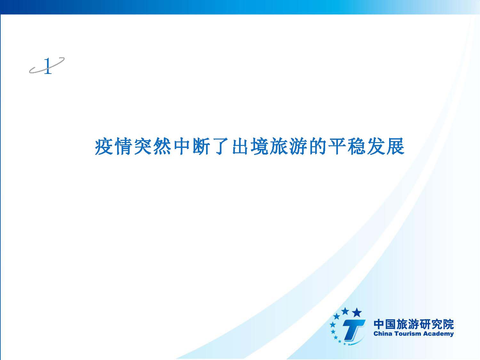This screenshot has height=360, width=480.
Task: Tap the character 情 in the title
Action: pos(123,146)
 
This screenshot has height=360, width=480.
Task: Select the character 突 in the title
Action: pos(143,146)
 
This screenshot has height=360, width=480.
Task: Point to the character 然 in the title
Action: pos(162,146)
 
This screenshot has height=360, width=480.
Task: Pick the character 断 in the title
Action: pos(201,146)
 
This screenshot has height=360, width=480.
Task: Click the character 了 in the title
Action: pos(221,146)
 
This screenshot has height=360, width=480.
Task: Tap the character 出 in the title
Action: pos(240,146)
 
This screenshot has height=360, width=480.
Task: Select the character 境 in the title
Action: pos(260,146)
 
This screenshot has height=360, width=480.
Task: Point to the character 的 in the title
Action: pos(318,146)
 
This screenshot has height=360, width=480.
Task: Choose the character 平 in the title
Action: pos(337,146)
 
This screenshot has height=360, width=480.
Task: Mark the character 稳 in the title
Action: pos(357,146)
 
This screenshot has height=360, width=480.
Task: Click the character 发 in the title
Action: pos(376,146)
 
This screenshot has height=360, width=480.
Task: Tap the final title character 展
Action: pos(396,146)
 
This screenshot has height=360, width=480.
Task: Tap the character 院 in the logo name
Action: pos(448,324)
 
